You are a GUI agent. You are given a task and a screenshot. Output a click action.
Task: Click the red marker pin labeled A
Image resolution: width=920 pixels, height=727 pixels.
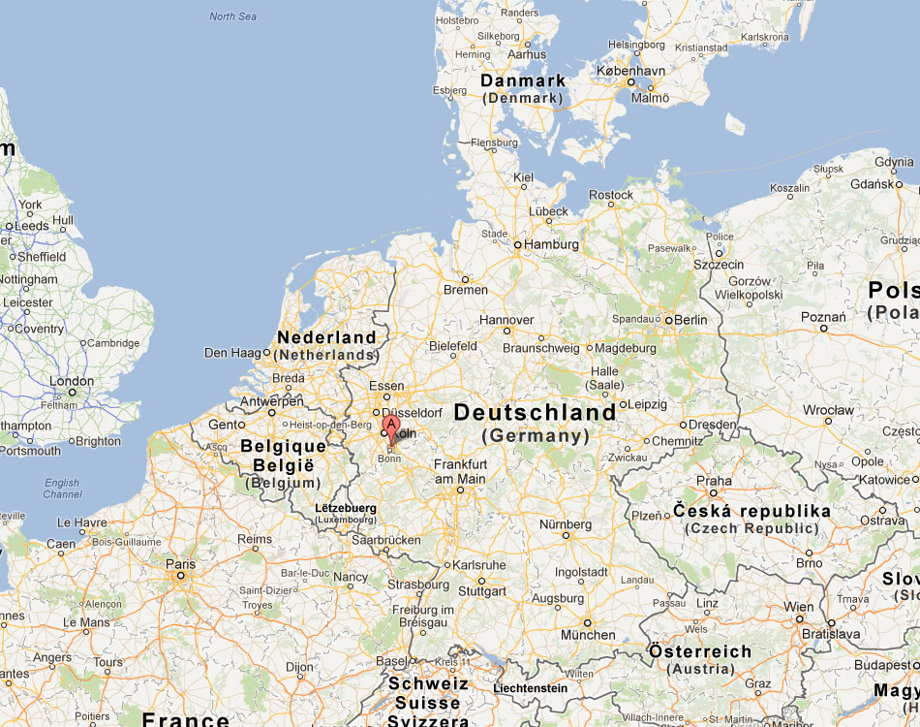[391, 427]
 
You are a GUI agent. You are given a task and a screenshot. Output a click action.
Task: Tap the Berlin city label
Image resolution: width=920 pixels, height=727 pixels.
[690, 320]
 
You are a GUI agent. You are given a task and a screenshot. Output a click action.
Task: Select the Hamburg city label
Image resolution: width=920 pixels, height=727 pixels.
[552, 245]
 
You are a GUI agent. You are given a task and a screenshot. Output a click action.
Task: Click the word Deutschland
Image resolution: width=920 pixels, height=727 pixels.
[535, 412]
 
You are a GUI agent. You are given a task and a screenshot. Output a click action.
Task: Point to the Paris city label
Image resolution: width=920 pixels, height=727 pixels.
[180, 564]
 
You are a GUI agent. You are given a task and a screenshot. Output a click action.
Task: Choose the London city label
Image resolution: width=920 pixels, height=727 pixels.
[72, 381]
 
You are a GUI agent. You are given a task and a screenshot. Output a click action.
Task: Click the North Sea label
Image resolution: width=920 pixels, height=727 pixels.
[233, 16]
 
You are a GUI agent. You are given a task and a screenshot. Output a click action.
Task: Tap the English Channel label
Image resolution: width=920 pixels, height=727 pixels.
[62, 489]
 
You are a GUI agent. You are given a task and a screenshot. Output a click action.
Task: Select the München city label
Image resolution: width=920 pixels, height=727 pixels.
[588, 635]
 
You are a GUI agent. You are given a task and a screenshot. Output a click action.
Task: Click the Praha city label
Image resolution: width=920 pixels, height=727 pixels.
[714, 481]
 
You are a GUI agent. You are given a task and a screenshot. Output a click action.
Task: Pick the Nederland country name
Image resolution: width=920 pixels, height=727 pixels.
[326, 337]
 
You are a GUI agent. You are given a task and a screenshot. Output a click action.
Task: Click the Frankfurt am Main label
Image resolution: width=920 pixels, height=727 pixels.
[460, 471]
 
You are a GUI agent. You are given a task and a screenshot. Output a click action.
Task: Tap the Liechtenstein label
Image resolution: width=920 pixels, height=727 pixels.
[530, 688]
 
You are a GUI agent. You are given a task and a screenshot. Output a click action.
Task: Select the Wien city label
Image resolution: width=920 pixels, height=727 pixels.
[799, 607]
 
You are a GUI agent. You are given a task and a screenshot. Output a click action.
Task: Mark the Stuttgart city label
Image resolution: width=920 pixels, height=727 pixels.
[482, 591]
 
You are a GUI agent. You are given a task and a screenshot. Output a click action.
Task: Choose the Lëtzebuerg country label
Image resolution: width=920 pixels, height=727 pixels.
[346, 507]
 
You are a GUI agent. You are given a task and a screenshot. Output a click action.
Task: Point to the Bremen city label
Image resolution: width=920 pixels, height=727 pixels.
[466, 290]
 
